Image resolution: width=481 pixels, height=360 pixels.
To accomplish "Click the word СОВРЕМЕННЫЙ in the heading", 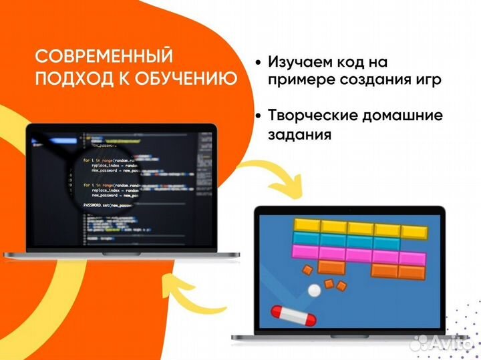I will (104, 55).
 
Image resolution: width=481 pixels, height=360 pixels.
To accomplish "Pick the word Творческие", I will (313, 116).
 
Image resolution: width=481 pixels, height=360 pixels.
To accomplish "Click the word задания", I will (299, 135).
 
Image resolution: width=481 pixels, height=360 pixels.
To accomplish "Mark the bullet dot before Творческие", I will (258, 116).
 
